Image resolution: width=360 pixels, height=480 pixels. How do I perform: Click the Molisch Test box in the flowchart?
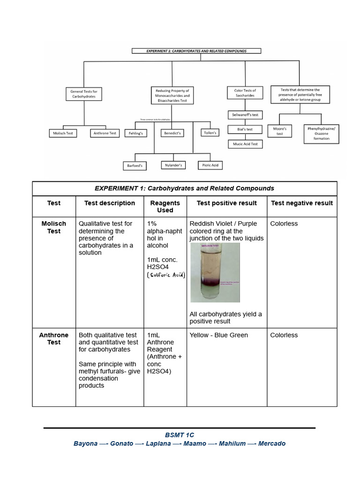63,133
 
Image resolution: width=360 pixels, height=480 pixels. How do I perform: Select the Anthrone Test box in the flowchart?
105,133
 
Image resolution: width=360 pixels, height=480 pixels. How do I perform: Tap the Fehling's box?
135,133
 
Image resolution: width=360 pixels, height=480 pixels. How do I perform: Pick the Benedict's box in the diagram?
172,133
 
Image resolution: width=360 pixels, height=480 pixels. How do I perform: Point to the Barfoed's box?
135,165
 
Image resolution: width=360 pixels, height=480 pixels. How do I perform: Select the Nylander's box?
173,165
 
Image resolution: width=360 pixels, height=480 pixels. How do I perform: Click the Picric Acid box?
210,165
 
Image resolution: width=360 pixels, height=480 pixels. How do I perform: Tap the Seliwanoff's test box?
245,114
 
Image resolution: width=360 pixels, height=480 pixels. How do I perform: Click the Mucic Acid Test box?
245,144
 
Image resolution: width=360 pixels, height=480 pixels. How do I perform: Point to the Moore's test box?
280,131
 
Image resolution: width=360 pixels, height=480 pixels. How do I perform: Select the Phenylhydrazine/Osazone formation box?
322,133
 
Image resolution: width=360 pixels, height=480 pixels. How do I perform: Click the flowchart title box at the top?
196,51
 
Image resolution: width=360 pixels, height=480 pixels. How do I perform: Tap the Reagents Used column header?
165,207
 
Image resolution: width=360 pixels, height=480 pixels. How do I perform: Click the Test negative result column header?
302,203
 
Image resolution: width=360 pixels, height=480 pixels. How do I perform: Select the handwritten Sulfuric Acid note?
166,275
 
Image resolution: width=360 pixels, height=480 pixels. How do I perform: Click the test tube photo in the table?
215,273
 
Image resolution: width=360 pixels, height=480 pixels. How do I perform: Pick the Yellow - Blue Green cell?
219,335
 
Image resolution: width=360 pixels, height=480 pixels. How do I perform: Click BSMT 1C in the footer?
180,435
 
